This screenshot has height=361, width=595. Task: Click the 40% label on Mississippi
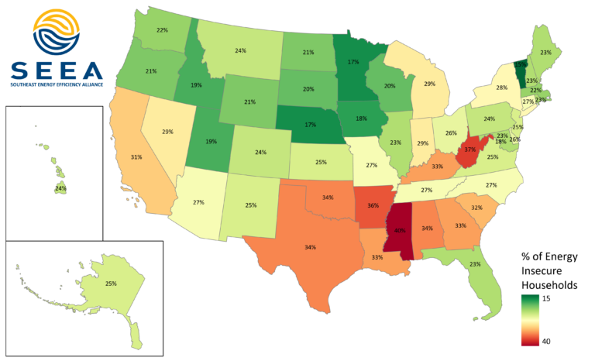tap(401, 231)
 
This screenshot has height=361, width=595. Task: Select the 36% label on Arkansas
tap(373, 206)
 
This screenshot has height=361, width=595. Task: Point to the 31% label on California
tap(136, 157)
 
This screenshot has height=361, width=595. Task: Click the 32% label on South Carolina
tap(476, 208)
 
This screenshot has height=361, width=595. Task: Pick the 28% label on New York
tap(501, 88)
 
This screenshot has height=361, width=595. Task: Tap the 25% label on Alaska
tap(111, 284)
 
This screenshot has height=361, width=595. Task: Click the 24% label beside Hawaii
tap(60, 188)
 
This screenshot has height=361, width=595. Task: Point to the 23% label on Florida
tap(475, 264)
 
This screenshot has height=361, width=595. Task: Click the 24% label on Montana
tap(240, 51)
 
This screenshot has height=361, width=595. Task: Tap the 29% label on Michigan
tap(430, 83)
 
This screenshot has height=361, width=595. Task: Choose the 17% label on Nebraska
tap(311, 124)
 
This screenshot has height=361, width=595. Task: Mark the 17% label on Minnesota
tap(353, 61)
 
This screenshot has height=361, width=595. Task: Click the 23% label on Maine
tap(546, 53)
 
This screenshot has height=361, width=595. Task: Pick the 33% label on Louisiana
tap(377, 257)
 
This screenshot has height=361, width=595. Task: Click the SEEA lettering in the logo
tap(57, 71)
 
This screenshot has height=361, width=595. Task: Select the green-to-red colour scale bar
tap(531, 318)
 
